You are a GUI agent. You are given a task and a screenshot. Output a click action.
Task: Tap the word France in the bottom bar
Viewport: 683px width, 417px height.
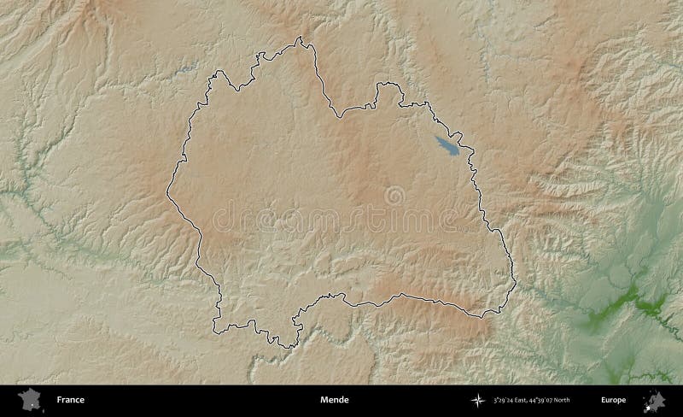[70, 400]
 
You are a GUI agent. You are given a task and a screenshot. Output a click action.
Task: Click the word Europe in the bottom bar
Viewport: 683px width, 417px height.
[613, 400]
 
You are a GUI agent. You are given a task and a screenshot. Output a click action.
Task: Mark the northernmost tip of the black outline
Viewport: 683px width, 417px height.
[301, 38]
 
